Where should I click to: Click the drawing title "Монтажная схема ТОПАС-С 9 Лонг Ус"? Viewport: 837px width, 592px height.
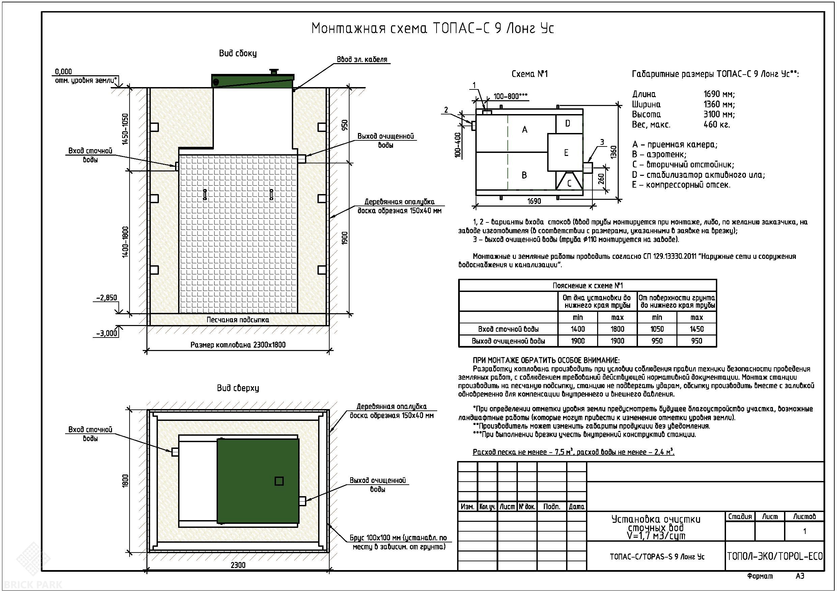coord(433,28)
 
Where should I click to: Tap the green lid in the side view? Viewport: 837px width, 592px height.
coord(253,80)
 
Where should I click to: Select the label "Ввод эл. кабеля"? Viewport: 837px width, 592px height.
coord(362,59)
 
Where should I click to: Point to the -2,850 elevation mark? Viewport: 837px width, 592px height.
coord(107,298)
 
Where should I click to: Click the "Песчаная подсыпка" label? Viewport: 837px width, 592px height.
coord(238,320)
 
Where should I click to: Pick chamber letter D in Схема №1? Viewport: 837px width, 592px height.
coord(567,124)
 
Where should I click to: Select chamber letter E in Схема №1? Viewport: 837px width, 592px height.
coord(566,153)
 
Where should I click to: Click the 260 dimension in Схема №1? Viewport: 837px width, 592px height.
coord(601,179)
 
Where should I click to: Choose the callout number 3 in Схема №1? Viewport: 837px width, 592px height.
coord(602,142)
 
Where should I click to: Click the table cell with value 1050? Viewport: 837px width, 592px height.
coord(657,329)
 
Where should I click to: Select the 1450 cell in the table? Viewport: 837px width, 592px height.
coord(697,329)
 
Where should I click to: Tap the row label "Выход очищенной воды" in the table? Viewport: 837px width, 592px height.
coord(508,341)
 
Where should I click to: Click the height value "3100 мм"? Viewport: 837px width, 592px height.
coord(719,114)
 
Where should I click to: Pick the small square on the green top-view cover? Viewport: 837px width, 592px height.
coord(279,481)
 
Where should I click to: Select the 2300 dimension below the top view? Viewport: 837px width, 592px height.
coord(238,565)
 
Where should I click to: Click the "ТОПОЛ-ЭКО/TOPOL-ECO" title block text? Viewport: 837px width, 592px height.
coord(775,556)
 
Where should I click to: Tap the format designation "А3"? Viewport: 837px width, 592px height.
coord(800,576)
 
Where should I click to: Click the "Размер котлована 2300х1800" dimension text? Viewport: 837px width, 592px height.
coord(238,345)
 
